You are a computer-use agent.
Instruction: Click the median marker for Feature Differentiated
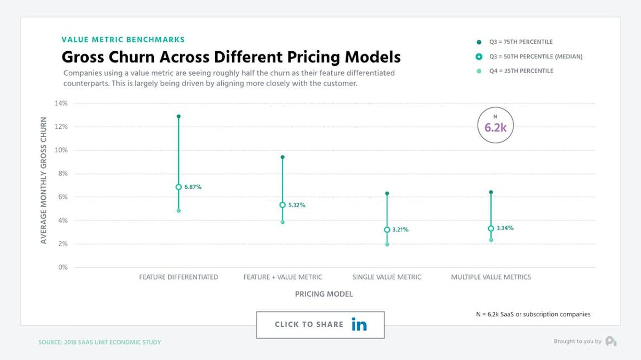pos(178,187)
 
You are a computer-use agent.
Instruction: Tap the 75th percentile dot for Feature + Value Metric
pos(283,157)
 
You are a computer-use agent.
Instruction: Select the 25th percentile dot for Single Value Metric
pos(387,244)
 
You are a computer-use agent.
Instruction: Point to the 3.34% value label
pos(505,228)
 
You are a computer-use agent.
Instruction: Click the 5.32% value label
pos(296,205)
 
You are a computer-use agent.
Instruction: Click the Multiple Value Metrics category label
pos(491,277)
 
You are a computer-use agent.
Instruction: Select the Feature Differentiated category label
pos(178,277)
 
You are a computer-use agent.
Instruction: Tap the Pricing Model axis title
pos(324,294)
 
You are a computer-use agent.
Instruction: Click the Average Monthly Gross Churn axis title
pos(44,181)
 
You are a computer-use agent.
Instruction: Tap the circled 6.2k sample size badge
pos(495,127)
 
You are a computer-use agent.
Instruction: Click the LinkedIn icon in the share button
pos(359,325)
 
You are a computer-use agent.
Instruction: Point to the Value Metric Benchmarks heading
pos(123,40)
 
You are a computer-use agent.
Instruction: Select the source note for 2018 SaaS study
pos(99,342)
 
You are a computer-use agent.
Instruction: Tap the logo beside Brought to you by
pos(611,341)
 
